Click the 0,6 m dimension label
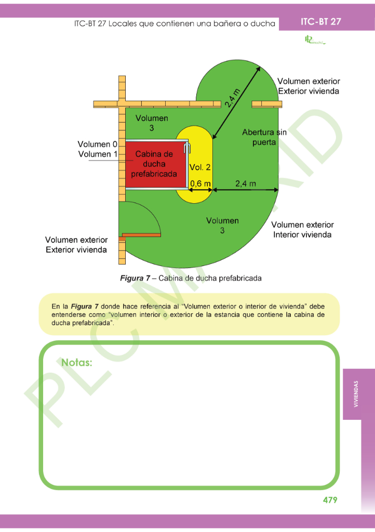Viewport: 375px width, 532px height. pyautogui.click(x=200, y=183)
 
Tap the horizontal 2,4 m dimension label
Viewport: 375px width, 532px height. pyautogui.click(x=245, y=183)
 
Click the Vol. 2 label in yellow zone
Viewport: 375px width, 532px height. pyautogui.click(x=200, y=167)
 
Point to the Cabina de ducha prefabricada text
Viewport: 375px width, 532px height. pyautogui.click(x=154, y=164)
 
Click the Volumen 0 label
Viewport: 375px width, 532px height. pyautogui.click(x=98, y=144)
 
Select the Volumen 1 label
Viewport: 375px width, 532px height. pyautogui.click(x=98, y=154)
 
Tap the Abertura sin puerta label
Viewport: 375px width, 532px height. pyautogui.click(x=264, y=137)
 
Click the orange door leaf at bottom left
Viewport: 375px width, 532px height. pyautogui.click(x=141, y=235)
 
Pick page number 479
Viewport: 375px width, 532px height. pyautogui.click(x=330, y=500)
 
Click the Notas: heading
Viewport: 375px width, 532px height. pyautogui.click(x=77, y=363)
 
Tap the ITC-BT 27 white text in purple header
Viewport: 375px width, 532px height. pyautogui.click(x=320, y=21)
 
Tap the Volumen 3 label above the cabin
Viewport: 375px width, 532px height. pyautogui.click(x=152, y=123)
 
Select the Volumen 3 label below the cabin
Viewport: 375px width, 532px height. pyautogui.click(x=222, y=225)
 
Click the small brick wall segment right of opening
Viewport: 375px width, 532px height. pyautogui.click(x=266, y=104)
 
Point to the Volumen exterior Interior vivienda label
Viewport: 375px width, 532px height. pyautogui.click(x=302, y=230)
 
